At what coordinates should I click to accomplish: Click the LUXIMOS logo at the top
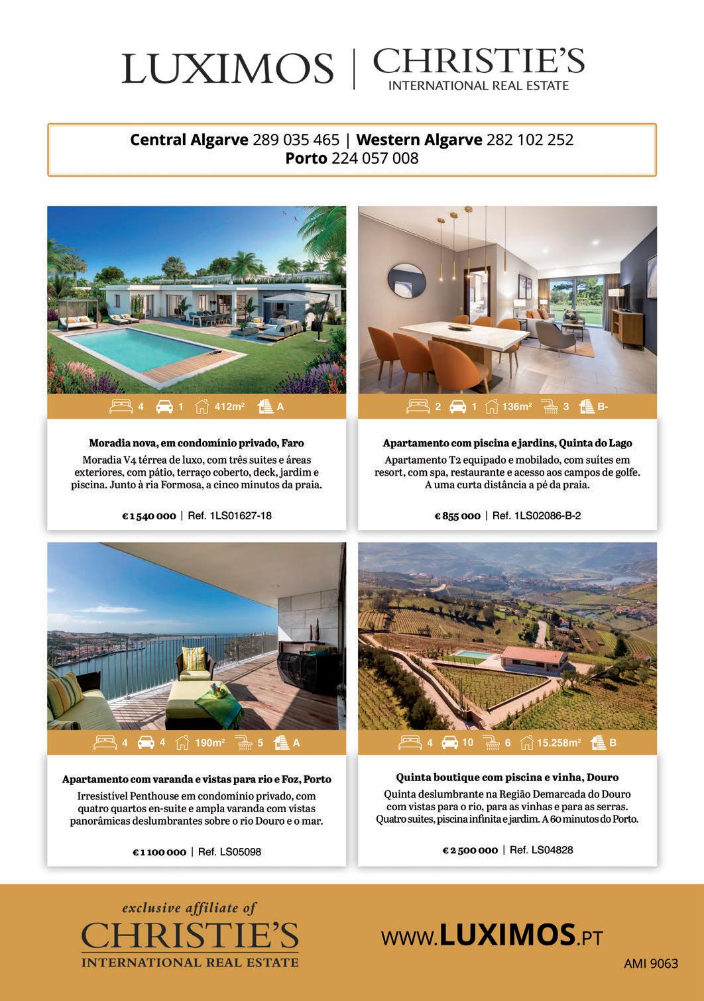(x=227, y=69)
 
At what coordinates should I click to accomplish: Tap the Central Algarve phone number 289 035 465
(x=296, y=140)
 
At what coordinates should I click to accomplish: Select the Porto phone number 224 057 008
(x=375, y=159)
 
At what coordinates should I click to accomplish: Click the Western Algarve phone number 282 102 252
(x=530, y=140)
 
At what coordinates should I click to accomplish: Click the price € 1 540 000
(x=148, y=516)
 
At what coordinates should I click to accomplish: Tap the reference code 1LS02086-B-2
(x=547, y=515)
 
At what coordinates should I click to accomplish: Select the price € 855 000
(x=457, y=516)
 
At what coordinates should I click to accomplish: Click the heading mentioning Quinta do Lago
(x=507, y=443)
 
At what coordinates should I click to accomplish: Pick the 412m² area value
(x=229, y=407)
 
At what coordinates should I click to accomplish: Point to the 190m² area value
(x=209, y=743)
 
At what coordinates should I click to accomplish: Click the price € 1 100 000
(x=159, y=852)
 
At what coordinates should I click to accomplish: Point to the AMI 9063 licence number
(x=651, y=964)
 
